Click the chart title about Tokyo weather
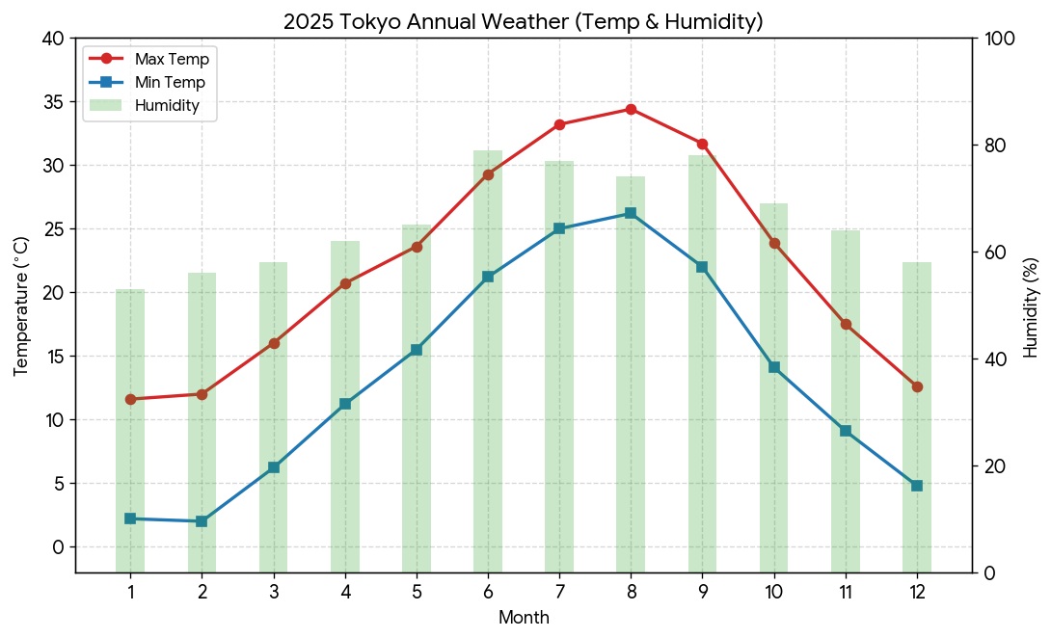(x=523, y=21)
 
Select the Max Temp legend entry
(x=149, y=59)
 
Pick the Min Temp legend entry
(x=148, y=83)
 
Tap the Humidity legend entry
(x=145, y=105)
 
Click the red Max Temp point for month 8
(x=631, y=109)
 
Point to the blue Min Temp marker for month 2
(x=202, y=521)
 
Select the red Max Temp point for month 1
(x=131, y=399)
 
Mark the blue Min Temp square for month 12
(x=917, y=486)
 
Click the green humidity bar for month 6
(x=488, y=362)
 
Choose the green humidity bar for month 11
(x=846, y=402)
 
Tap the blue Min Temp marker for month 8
(x=631, y=213)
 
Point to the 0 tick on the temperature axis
(x=59, y=547)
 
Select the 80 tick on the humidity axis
(x=995, y=146)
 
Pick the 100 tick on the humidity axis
(x=999, y=39)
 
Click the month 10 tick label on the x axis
(x=774, y=593)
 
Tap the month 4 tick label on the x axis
(x=345, y=593)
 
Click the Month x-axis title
(x=524, y=617)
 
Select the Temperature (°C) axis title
(x=21, y=306)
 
